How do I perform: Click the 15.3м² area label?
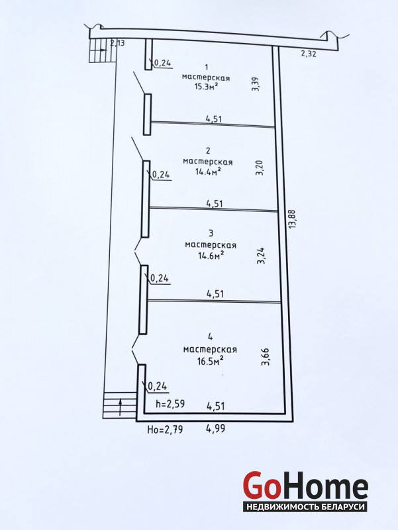[x=205, y=86]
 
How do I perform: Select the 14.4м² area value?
[x=208, y=171]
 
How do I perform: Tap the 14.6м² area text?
[x=211, y=255]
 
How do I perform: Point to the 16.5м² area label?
[x=211, y=361]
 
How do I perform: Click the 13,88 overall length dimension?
[x=292, y=219]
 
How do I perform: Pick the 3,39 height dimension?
[x=256, y=84]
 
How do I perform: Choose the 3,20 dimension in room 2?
[x=260, y=168]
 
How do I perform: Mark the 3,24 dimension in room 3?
[x=261, y=256]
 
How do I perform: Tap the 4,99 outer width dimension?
[x=215, y=429]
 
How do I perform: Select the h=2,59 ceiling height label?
[x=170, y=403]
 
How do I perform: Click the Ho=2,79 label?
[x=165, y=429]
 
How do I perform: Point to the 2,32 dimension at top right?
[x=309, y=53]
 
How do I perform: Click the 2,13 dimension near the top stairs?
[x=118, y=43]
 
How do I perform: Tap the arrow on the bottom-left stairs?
[x=120, y=407]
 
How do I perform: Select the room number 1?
[x=207, y=67]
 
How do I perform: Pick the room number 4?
[x=210, y=337]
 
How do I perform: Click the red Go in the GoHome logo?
[x=262, y=485]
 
